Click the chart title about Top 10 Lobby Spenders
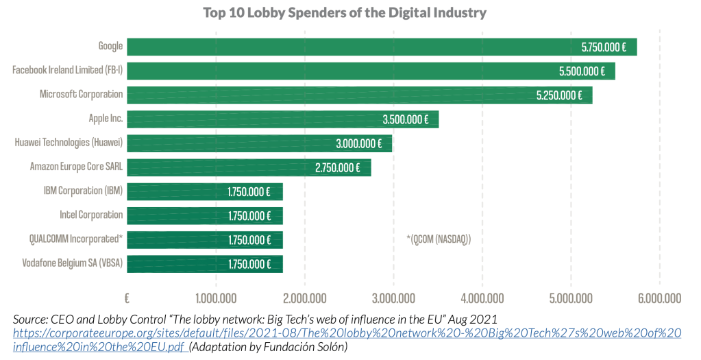point(345,13)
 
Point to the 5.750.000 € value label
point(604,47)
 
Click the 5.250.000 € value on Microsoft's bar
point(559,95)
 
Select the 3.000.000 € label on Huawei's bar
point(359,143)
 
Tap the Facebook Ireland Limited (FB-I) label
point(68,70)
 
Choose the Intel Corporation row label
point(91,215)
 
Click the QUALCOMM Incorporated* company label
point(76,239)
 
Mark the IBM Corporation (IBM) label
point(83,191)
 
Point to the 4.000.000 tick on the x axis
point(482,298)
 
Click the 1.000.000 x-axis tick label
point(216,298)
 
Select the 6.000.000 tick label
point(659,298)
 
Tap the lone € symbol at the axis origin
point(127,298)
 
